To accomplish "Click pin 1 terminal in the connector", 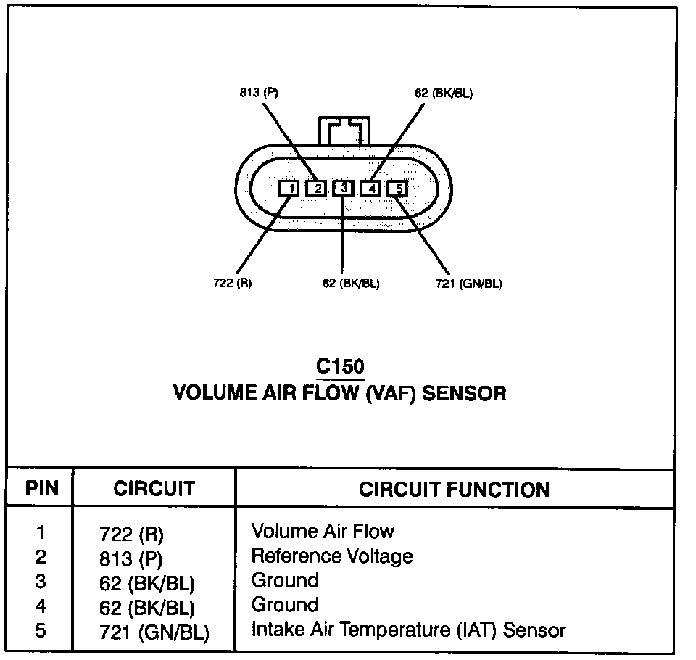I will click(x=289, y=189).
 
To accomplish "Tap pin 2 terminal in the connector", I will click(x=316, y=189).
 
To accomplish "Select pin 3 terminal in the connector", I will click(x=344, y=189).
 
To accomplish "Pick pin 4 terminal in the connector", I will click(x=370, y=189).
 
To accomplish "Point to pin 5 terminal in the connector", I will click(x=398, y=189).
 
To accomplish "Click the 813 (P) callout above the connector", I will click(x=259, y=93).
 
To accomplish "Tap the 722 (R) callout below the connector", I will click(x=233, y=283).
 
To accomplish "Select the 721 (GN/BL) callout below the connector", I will click(x=469, y=283).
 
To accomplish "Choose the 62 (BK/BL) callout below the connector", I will click(x=351, y=283).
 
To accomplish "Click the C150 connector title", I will click(x=340, y=367).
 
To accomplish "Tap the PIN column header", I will click(x=41, y=488).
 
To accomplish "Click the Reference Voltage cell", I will click(x=331, y=556).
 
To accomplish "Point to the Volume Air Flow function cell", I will click(x=322, y=532).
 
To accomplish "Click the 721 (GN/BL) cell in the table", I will click(x=154, y=632).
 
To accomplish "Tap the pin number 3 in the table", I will click(x=41, y=582).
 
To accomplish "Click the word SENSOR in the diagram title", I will click(x=464, y=393).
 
